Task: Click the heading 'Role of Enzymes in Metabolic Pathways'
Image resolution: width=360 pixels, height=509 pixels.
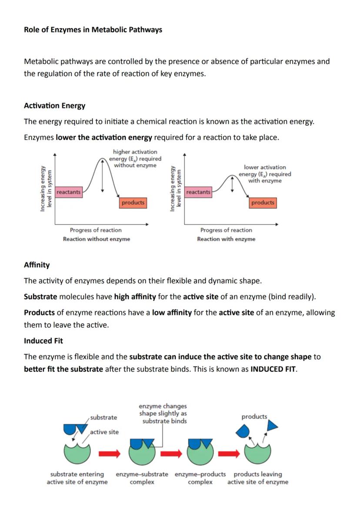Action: click(x=93, y=30)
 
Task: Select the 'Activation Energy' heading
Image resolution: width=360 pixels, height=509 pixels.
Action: click(x=54, y=106)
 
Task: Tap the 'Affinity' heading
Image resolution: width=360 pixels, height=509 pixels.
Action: click(x=37, y=265)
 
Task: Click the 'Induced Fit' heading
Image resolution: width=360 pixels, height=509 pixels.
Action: click(x=43, y=341)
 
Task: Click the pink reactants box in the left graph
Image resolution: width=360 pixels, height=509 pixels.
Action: click(x=69, y=192)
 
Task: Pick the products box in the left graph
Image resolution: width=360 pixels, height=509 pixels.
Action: click(x=133, y=203)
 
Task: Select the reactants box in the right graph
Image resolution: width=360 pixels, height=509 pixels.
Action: click(x=198, y=192)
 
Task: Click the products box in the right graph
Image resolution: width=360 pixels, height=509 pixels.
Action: click(x=263, y=203)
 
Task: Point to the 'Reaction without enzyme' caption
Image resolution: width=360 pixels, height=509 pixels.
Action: click(x=96, y=239)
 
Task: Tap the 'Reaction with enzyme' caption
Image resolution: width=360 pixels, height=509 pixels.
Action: click(x=226, y=239)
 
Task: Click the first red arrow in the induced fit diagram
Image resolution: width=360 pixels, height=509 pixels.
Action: click(x=109, y=454)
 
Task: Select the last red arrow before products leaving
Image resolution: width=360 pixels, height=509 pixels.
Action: click(x=229, y=454)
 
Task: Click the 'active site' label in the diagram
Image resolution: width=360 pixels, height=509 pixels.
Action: click(x=104, y=432)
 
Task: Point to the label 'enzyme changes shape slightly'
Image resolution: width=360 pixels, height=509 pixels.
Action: click(x=163, y=413)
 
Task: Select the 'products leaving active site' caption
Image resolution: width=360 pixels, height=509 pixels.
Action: click(x=258, y=478)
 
